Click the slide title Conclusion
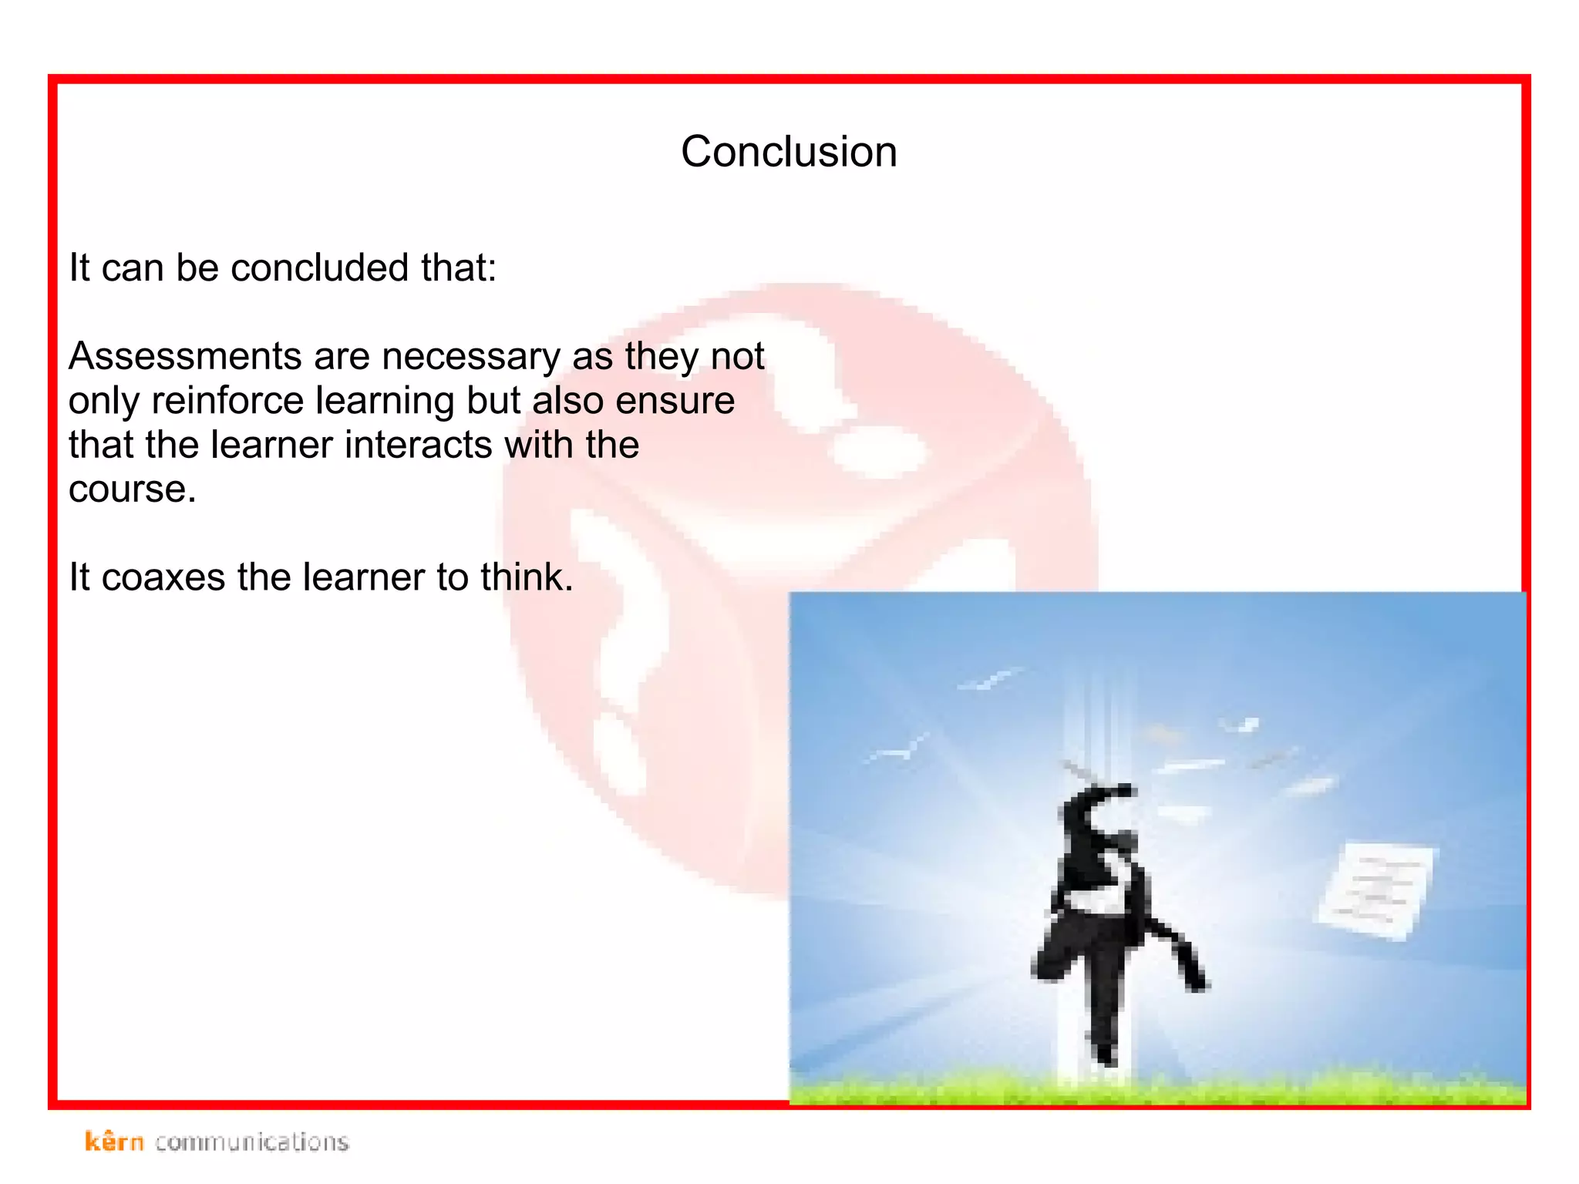[x=789, y=151]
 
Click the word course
[x=132, y=489]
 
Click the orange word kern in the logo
[x=114, y=1141]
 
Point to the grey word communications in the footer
[x=251, y=1142]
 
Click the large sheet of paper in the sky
[x=1377, y=890]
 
